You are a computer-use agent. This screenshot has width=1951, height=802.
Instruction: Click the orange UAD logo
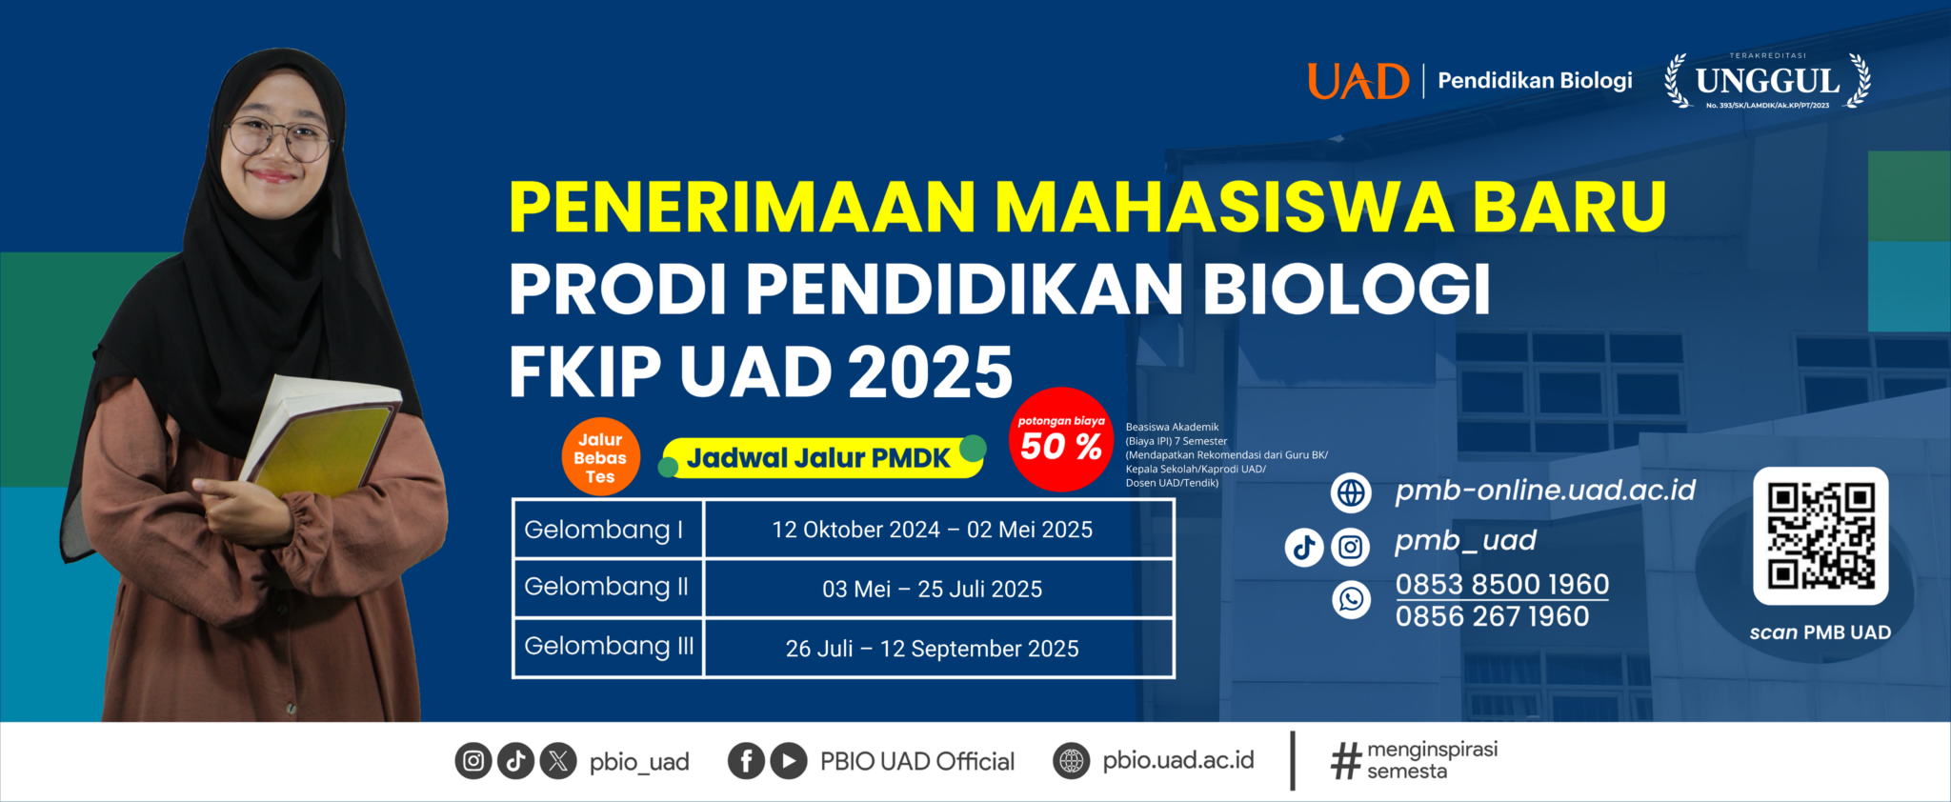(1358, 81)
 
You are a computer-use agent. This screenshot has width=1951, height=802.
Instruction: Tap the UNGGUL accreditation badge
(1767, 81)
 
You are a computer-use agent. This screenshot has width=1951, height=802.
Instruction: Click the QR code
(1820, 535)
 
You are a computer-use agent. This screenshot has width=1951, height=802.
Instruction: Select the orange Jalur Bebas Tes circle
(600, 457)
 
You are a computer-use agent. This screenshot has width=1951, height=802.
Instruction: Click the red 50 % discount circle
(1061, 439)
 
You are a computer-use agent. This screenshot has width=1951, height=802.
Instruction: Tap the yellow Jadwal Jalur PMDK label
(822, 458)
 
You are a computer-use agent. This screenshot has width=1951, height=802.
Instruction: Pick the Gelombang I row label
(604, 530)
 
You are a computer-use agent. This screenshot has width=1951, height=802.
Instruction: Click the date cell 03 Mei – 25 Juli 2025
(932, 590)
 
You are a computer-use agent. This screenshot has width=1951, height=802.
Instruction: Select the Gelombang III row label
(609, 646)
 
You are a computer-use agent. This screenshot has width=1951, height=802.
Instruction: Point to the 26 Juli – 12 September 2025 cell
(932, 649)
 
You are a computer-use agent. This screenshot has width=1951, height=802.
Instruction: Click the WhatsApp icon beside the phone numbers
(1351, 599)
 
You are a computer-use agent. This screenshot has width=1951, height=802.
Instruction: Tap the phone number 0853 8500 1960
(1502, 584)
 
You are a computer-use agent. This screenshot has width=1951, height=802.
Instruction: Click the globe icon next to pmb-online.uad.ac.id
(1351, 492)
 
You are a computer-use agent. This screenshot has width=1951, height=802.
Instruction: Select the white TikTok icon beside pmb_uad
(1304, 547)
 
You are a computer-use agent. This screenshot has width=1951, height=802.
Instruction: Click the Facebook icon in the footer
(747, 761)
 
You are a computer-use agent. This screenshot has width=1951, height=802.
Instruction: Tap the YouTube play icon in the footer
(789, 761)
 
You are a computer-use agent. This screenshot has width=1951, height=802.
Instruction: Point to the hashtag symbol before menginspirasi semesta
(1346, 761)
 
